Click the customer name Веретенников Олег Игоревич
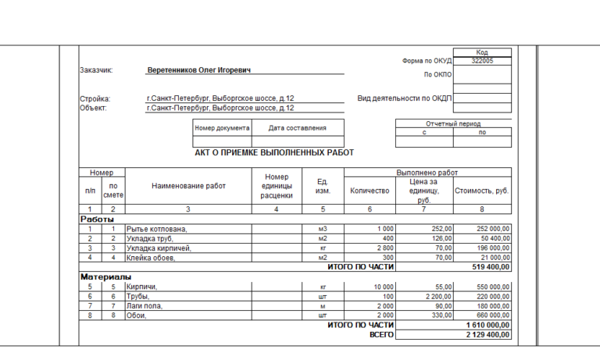point(199,70)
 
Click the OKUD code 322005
point(482,60)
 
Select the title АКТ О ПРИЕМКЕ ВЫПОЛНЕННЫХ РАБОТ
point(274,153)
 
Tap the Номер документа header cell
point(222,128)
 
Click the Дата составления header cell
point(297,128)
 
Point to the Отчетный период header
point(453,123)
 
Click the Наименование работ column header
point(188,186)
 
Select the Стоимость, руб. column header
point(482,190)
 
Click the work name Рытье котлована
point(157,229)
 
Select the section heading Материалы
point(105,276)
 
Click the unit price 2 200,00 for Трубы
point(434,296)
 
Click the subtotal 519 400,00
point(489,267)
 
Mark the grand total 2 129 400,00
point(487,334)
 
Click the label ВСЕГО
point(382,334)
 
